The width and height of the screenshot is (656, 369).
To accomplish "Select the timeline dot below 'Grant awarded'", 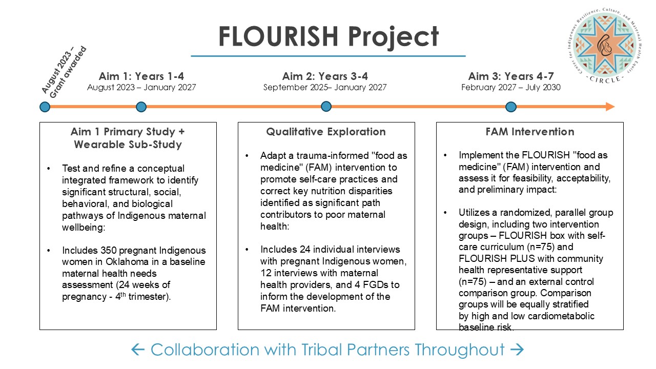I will click(x=45, y=107).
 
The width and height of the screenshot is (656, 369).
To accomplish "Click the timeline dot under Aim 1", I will click(x=141, y=107).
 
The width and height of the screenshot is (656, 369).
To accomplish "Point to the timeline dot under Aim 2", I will click(x=326, y=107).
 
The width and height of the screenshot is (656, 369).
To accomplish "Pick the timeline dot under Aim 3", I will click(x=510, y=107).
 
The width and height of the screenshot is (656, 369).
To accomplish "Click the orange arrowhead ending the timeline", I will click(x=610, y=107).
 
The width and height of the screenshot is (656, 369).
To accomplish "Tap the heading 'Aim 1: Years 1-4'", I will click(x=141, y=76).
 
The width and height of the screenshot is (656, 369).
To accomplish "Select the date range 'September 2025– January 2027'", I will click(x=325, y=88).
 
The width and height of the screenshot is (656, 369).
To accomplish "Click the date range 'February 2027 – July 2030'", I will click(x=511, y=88).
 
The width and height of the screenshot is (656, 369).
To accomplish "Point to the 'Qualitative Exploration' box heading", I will click(x=326, y=132).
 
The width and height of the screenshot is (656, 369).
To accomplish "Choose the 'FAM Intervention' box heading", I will click(x=530, y=132).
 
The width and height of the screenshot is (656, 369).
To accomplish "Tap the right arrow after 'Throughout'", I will click(x=517, y=350).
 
